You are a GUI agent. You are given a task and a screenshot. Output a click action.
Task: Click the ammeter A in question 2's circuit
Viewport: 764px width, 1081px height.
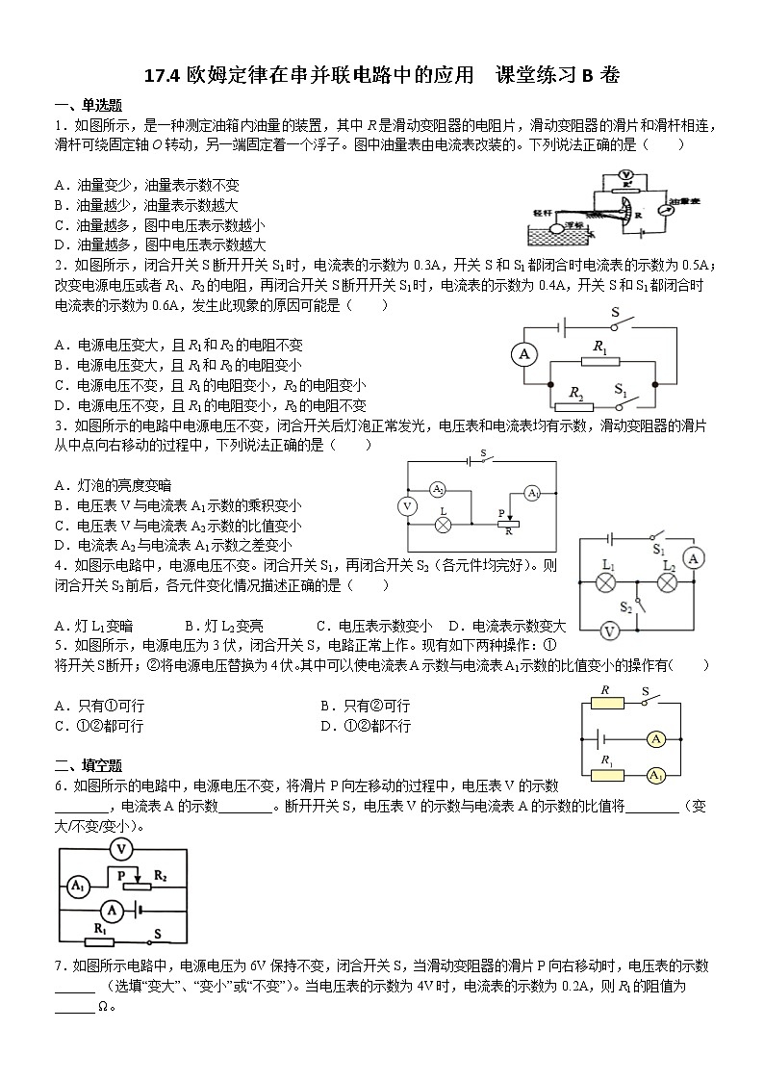tap(524, 355)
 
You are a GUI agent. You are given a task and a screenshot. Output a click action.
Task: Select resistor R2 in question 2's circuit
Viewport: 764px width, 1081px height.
tap(574, 406)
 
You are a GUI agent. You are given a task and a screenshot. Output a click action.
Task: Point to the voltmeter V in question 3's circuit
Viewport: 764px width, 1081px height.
tap(407, 506)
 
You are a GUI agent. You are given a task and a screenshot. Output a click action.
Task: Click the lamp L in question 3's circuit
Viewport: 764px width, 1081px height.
tap(444, 526)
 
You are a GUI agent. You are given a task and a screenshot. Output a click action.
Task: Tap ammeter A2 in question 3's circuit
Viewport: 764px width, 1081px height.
tap(437, 488)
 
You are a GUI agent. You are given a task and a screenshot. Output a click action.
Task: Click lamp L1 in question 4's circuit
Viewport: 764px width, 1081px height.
tap(606, 582)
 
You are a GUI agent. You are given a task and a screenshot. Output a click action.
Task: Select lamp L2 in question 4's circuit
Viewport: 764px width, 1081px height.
tap(668, 582)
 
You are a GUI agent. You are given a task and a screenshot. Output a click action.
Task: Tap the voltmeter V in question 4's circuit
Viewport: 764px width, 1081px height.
tap(608, 631)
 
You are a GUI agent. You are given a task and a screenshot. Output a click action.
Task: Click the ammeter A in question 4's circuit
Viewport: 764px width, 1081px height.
tap(692, 558)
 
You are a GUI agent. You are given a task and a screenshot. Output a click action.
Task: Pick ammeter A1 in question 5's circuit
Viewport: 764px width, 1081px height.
tap(656, 775)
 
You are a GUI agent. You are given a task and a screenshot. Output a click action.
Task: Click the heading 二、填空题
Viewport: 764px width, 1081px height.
tap(88, 765)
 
